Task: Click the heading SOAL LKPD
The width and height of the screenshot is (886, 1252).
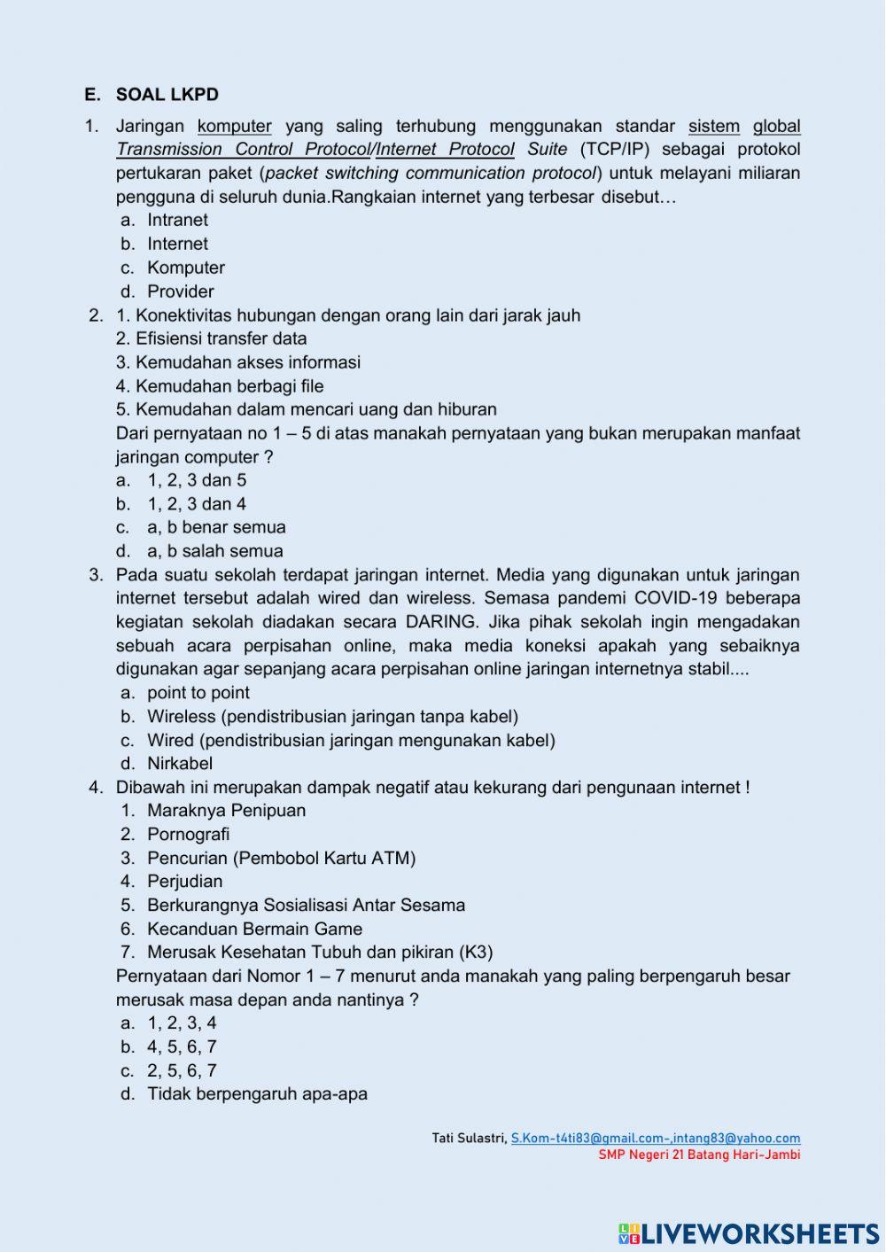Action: [x=167, y=95]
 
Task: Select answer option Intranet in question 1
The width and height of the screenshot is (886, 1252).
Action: [x=177, y=220]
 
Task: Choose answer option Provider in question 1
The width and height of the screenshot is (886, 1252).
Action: [x=180, y=292]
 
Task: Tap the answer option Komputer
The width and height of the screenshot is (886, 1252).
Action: [x=185, y=268]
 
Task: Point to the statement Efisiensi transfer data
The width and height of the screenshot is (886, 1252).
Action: [x=212, y=338]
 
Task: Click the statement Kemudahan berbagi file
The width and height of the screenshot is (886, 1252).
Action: [x=220, y=386]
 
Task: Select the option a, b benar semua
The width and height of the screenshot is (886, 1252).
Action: [x=216, y=527]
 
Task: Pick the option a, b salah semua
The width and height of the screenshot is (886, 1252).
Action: [x=214, y=551]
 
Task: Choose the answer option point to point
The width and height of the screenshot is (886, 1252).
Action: [x=198, y=693]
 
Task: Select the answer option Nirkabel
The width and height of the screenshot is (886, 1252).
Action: [x=180, y=764]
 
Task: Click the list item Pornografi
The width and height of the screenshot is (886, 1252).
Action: [x=188, y=835]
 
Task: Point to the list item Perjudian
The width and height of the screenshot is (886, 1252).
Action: [x=184, y=882]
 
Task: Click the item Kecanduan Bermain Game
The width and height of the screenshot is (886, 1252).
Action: [x=254, y=929]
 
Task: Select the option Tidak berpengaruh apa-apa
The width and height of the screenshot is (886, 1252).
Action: [x=257, y=1094]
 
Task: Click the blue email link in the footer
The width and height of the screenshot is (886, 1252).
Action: [x=655, y=1139]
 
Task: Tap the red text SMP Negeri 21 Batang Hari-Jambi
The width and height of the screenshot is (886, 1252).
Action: [x=699, y=1155]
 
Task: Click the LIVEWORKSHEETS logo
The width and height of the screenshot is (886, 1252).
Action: [x=749, y=1233]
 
